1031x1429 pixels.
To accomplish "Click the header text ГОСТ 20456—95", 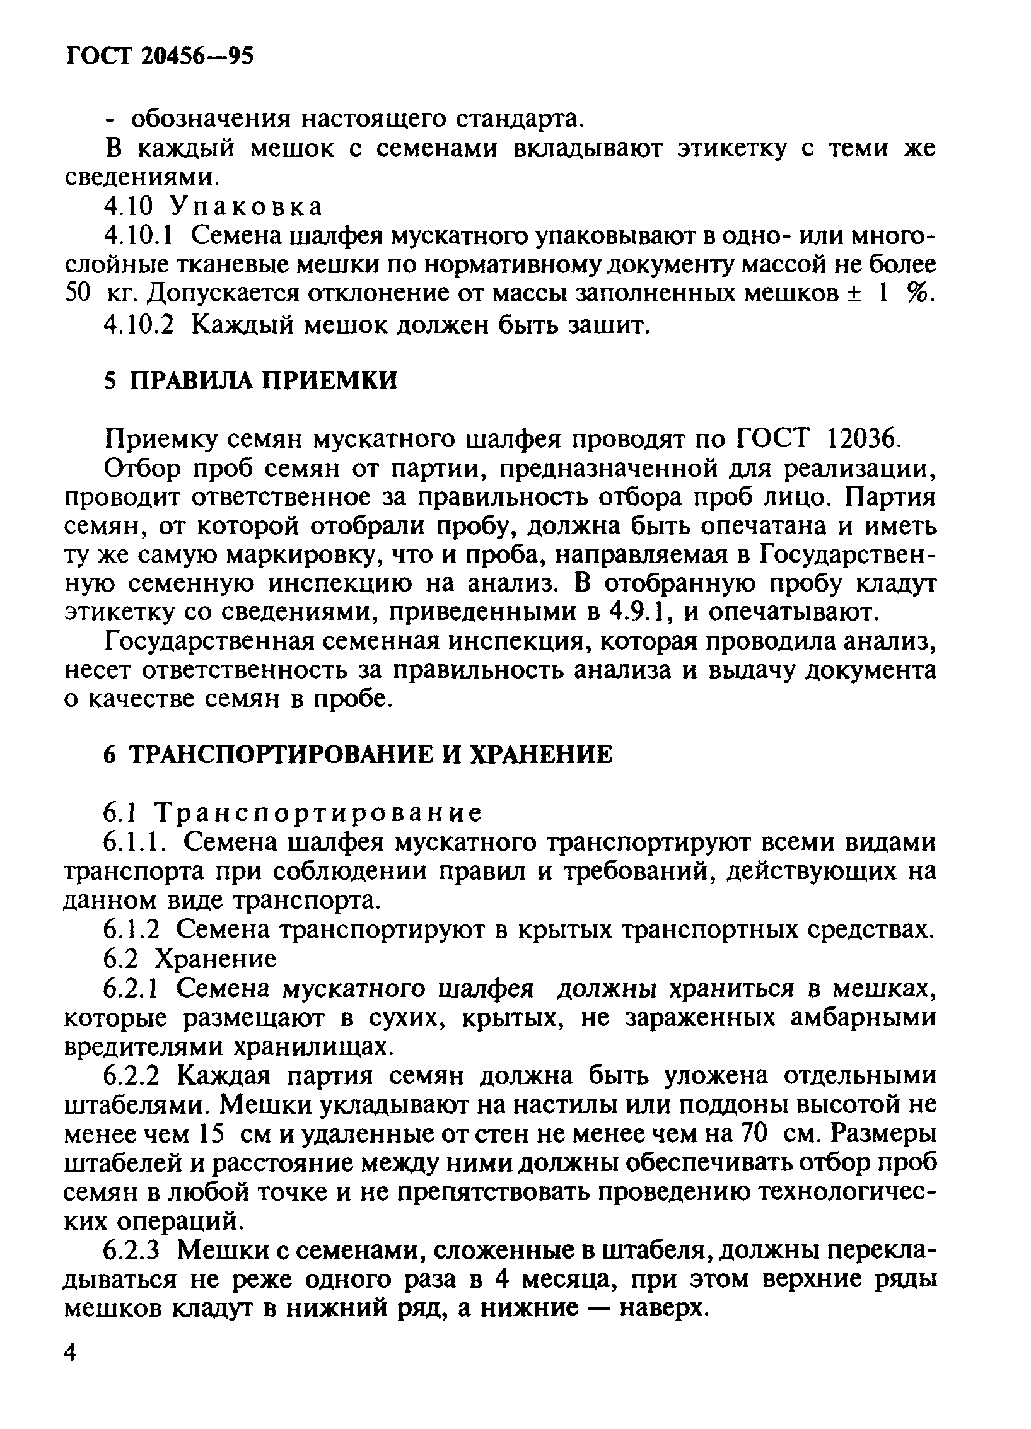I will [x=159, y=57].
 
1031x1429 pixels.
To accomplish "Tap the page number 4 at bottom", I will [x=72, y=1370].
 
